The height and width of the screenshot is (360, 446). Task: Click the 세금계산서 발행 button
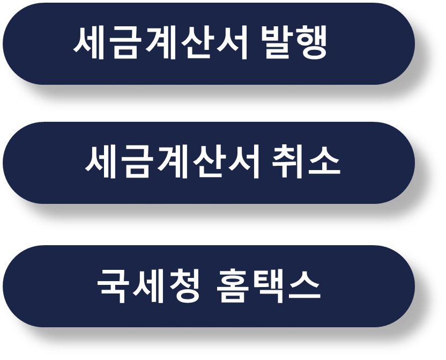(x=209, y=43)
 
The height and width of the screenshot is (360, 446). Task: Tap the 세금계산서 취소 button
(x=209, y=163)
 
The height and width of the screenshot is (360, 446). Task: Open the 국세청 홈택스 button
(x=209, y=286)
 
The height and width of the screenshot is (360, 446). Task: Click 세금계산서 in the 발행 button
(x=161, y=43)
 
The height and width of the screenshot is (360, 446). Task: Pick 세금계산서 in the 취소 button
(x=173, y=162)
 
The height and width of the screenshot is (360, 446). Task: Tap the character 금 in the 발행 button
(x=125, y=43)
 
